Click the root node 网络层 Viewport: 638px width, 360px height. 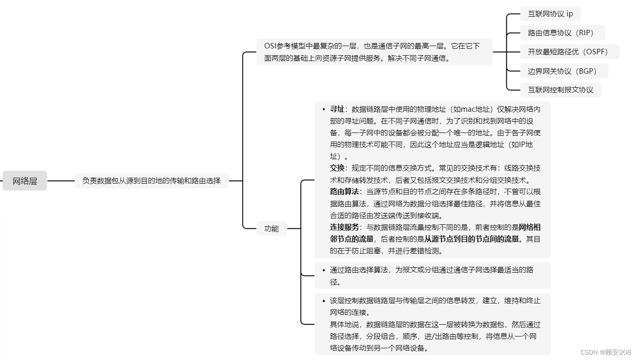pos(25,181)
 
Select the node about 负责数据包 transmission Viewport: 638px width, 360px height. pos(152,181)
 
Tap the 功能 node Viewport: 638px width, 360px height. pos(271,228)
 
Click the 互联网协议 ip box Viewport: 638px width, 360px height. pos(551,14)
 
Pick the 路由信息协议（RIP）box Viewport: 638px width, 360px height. pos(562,33)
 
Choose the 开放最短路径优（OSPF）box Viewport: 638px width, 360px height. pos(570,52)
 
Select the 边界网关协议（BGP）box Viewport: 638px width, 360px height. pos(564,71)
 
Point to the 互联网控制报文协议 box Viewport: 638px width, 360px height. pos(561,90)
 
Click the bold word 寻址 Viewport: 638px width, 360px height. pos(337,109)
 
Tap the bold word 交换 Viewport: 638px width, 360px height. pos(337,168)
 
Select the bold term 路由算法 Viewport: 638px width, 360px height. pos(344,192)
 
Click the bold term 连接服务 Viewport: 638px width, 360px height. pos(344,227)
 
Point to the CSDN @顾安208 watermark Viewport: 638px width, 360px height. pos(605,352)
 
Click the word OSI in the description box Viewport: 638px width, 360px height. pos(270,46)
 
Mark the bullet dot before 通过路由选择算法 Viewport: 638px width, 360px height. pos(324,270)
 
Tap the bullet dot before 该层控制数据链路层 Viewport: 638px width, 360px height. pos(324,301)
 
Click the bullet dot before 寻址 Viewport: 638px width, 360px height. pos(324,109)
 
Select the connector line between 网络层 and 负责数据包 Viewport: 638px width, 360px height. pos(61,181)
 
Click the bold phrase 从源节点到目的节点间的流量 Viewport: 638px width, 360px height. pos(471,239)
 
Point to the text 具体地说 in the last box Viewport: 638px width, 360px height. pos(344,324)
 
